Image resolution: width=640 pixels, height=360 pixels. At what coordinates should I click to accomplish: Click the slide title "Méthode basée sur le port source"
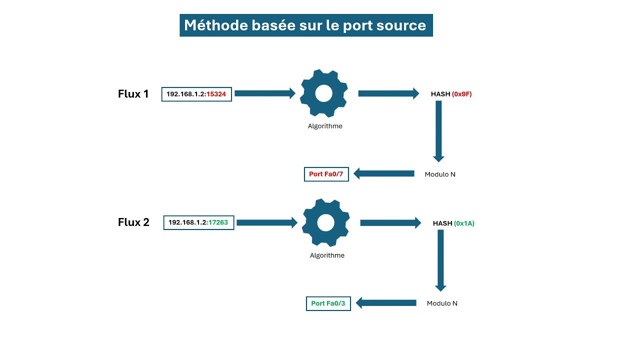tap(305, 25)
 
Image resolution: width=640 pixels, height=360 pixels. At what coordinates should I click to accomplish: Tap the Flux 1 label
tap(133, 94)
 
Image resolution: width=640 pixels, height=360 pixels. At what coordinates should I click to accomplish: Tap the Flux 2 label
tap(133, 222)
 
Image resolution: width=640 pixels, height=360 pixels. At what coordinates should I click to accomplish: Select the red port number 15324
tap(216, 94)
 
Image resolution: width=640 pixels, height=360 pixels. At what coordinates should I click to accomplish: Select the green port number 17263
tap(218, 222)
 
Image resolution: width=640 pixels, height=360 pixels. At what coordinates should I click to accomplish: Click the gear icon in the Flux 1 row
tap(324, 93)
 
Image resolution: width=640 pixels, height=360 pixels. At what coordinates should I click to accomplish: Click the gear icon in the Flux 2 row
tap(325, 222)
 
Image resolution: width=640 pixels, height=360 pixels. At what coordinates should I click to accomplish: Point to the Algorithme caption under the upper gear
tap(325, 126)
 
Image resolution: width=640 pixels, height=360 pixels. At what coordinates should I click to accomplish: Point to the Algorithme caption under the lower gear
tap(327, 255)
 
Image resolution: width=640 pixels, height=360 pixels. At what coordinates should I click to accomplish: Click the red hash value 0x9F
tap(462, 94)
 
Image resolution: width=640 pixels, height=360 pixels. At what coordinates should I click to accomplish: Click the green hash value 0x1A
tap(464, 223)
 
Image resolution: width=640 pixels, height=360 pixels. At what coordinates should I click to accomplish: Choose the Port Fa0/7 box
tap(326, 174)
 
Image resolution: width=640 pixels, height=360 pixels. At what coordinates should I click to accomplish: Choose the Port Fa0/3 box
tap(328, 303)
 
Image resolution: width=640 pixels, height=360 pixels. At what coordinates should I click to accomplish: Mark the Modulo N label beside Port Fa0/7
tap(440, 174)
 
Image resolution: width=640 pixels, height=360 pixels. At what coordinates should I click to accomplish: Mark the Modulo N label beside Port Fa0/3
tap(442, 303)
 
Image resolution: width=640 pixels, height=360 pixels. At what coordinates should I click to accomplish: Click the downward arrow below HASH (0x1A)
tap(440, 260)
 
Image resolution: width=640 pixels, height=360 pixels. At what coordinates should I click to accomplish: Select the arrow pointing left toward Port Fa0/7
tap(384, 173)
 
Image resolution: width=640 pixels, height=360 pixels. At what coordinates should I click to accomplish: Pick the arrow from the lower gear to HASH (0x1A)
tap(390, 223)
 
